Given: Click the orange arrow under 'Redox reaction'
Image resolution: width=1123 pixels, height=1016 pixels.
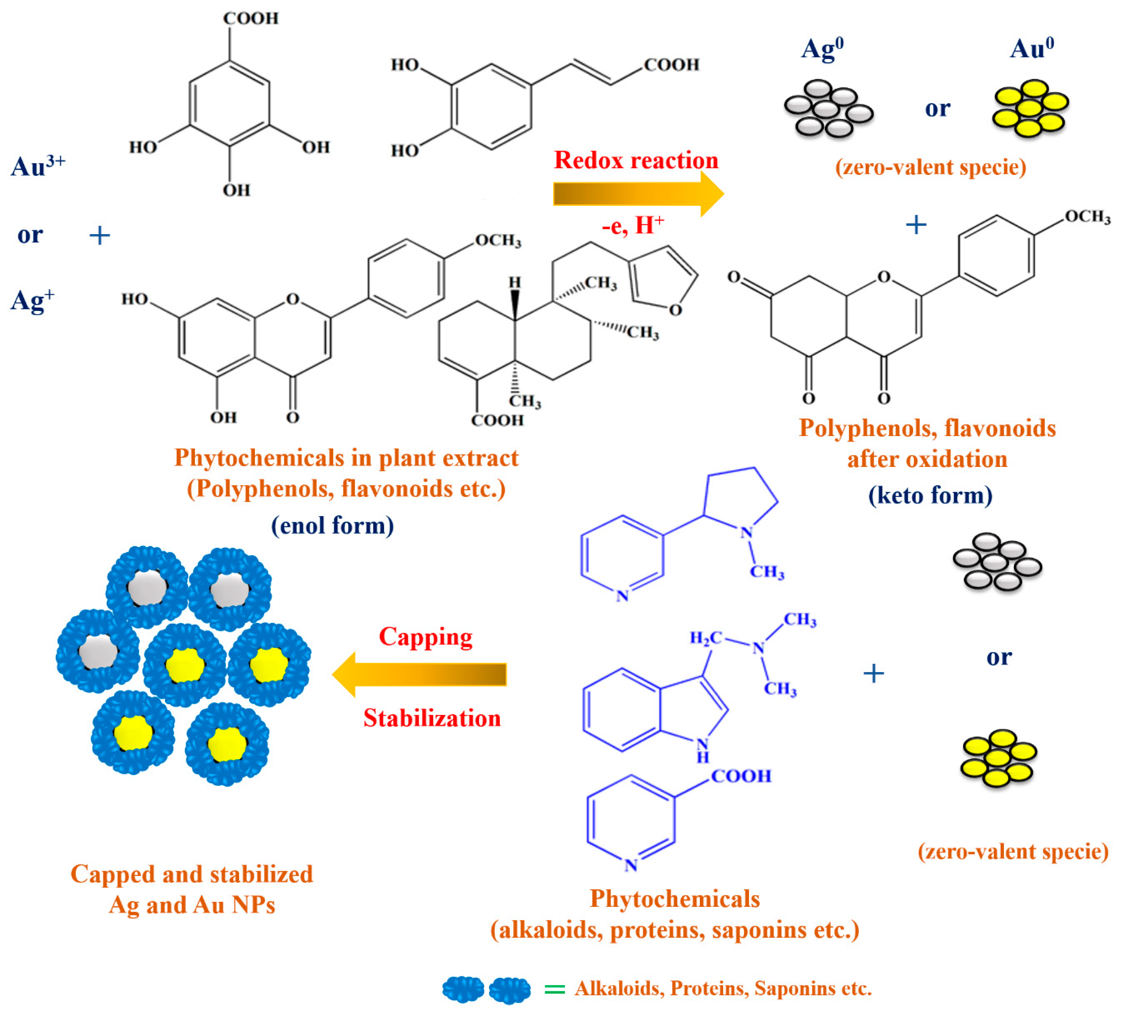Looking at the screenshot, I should pyautogui.click(x=635, y=194).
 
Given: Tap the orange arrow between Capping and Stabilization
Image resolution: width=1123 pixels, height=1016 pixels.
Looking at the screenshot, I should pyautogui.click(x=421, y=674).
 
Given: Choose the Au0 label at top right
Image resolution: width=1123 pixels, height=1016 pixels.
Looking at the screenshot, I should pyautogui.click(x=1032, y=49).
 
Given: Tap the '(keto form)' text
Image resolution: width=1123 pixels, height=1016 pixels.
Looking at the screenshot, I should pyautogui.click(x=930, y=495).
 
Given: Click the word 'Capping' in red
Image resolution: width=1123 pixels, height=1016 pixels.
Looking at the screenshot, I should pyautogui.click(x=425, y=637).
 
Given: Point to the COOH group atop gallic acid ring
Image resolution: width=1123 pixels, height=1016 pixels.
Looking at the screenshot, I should pyautogui.click(x=251, y=18).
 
